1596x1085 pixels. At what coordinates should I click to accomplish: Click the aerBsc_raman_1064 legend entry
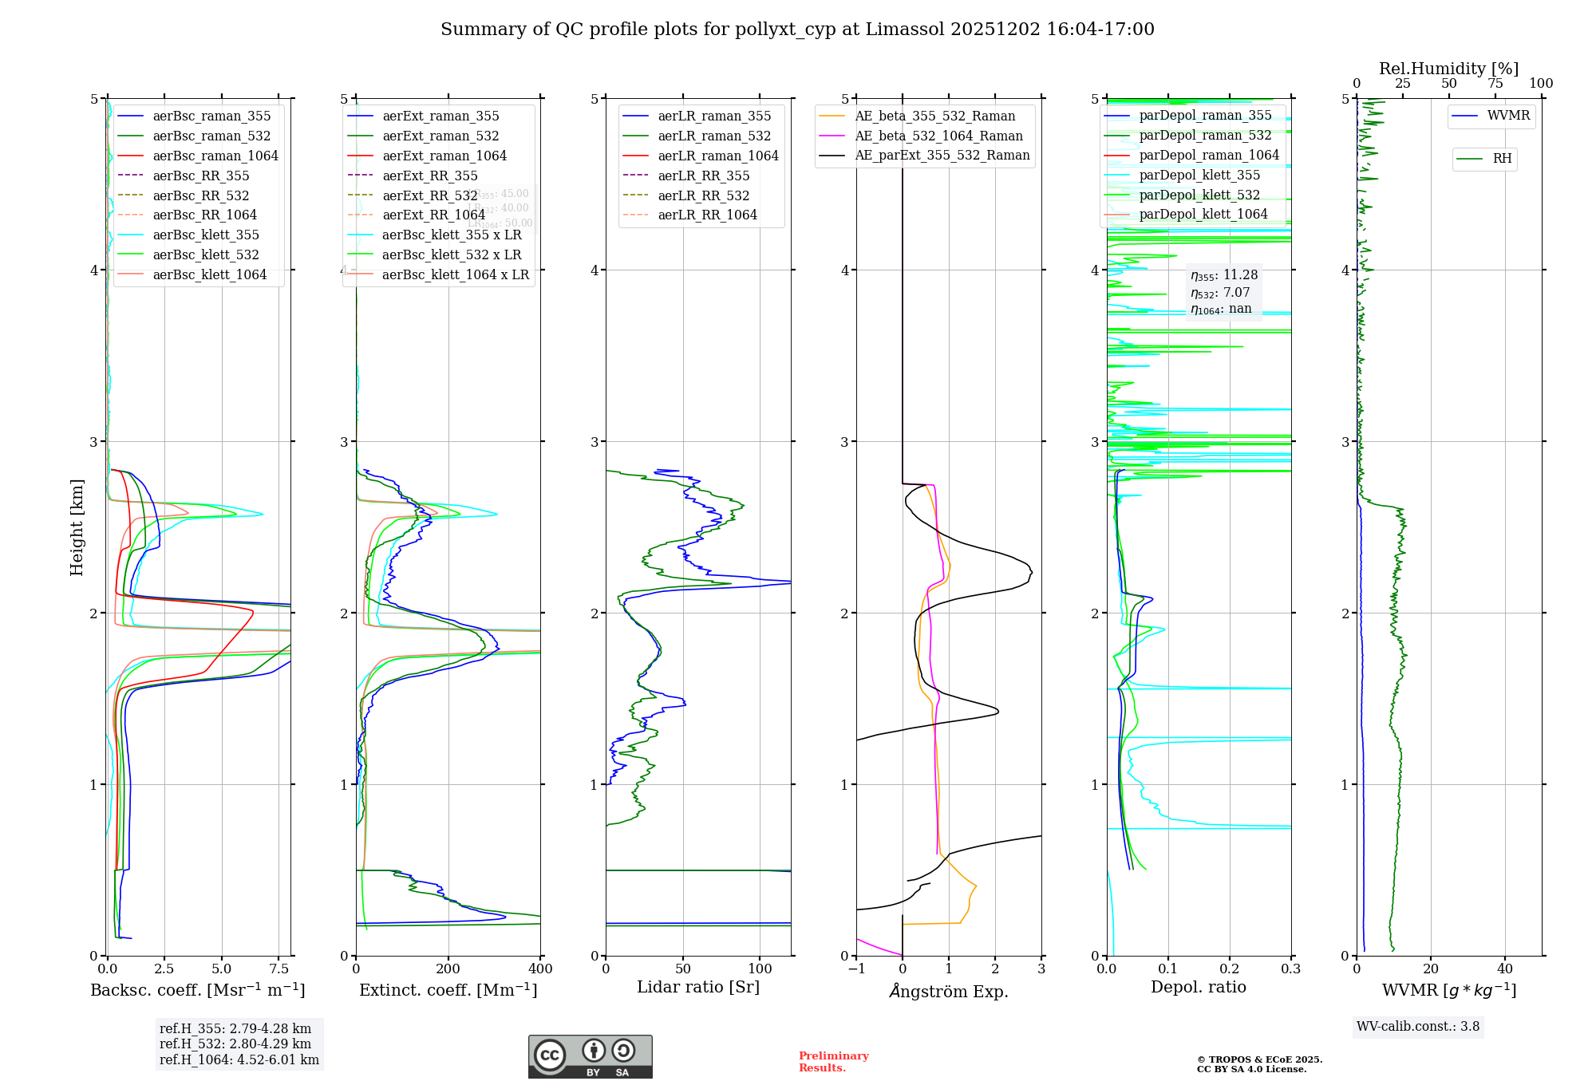(215, 156)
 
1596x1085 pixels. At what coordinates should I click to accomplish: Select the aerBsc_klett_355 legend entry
(206, 235)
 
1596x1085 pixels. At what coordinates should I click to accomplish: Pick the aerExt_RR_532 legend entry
(429, 195)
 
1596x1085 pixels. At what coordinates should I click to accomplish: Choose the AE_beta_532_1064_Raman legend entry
(938, 136)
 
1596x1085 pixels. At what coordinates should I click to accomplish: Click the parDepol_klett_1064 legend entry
(1203, 215)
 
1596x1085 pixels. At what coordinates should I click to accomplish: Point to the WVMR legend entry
(1508, 116)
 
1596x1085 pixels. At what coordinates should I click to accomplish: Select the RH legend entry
(1502, 159)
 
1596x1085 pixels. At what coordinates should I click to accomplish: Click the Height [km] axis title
(77, 527)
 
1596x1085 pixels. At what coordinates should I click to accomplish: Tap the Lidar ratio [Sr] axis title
(698, 988)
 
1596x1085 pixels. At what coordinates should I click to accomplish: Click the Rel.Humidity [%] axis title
(1448, 69)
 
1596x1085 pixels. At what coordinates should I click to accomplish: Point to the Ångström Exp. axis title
(949, 992)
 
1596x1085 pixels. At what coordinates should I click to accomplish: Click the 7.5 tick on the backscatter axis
(279, 969)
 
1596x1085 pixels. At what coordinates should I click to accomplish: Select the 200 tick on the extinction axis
(448, 969)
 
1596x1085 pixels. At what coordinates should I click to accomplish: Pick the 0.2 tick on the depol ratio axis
(1230, 969)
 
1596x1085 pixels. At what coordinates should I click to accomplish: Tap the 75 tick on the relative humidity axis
(1495, 84)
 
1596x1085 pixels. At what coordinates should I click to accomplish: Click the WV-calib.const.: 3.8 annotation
(1418, 1027)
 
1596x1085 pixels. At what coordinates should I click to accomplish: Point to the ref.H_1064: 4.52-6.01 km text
(239, 1060)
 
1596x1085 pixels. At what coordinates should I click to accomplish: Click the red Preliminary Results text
(833, 1062)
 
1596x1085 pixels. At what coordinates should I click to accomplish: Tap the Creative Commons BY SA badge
(590, 1057)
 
